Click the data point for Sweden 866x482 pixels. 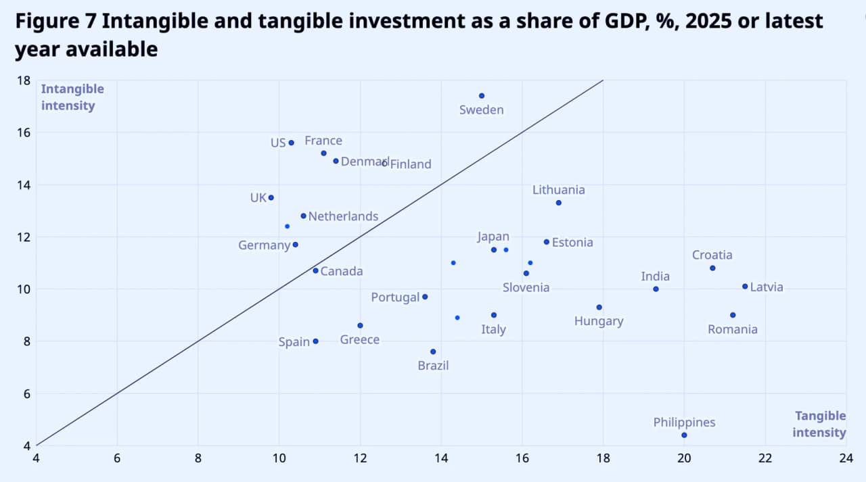coord(482,96)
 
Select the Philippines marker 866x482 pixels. coord(684,435)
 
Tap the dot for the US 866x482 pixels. coord(292,143)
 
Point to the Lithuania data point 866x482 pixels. coord(559,203)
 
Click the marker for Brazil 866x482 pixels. coord(433,352)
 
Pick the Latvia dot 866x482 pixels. coord(745,286)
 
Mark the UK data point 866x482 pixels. coord(271,198)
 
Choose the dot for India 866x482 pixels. coord(656,289)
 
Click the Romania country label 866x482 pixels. coord(733,329)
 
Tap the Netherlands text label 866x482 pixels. coord(343,216)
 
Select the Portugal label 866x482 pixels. coord(395,297)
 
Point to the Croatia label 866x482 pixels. coord(712,255)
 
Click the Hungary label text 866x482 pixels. coord(599,321)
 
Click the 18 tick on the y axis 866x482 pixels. coord(24,80)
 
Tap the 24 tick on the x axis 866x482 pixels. coord(846,458)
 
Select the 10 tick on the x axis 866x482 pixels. coord(279,458)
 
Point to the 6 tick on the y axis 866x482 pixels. coord(27,394)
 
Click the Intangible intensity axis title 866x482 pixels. coord(72,97)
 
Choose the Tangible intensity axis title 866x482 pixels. coord(819,424)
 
